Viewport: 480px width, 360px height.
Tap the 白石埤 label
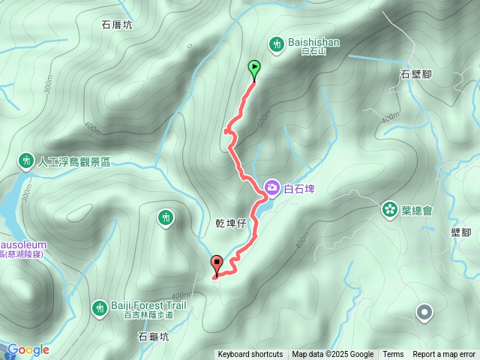click(x=299, y=189)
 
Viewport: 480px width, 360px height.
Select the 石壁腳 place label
click(x=416, y=74)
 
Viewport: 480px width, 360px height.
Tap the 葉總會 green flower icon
click(x=389, y=209)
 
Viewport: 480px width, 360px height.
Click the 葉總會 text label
click(x=417, y=211)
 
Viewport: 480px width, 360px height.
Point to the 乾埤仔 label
click(x=231, y=224)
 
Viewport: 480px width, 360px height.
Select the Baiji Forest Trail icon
click(x=99, y=307)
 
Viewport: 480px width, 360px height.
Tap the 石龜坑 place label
click(x=153, y=337)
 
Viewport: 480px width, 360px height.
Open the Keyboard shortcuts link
click(x=250, y=355)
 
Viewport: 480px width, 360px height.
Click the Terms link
click(x=393, y=355)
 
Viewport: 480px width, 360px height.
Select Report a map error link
click(x=444, y=355)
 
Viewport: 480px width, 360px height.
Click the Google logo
click(x=28, y=349)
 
